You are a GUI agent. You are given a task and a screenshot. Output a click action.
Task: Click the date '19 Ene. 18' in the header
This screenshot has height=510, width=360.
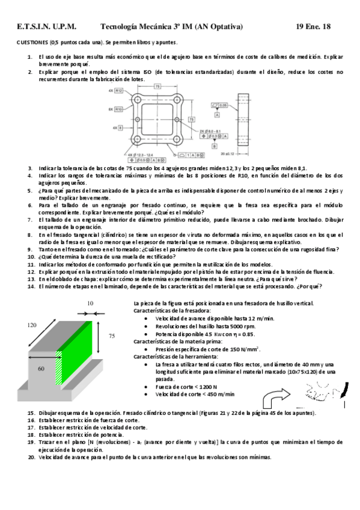click(x=313, y=26)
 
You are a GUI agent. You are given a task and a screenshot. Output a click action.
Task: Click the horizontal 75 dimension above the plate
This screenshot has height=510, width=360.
click(x=157, y=87)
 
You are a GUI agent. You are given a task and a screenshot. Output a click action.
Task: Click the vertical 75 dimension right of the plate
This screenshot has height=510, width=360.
click(x=191, y=120)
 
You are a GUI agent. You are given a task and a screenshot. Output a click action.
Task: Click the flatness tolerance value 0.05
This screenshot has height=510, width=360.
click(x=223, y=105)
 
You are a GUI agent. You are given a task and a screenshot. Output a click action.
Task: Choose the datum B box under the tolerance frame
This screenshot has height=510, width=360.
click(x=214, y=146)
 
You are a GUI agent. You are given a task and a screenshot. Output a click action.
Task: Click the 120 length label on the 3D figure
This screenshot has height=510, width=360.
click(x=32, y=324)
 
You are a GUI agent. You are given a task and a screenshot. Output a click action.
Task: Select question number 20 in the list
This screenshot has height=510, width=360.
click(x=31, y=456)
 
